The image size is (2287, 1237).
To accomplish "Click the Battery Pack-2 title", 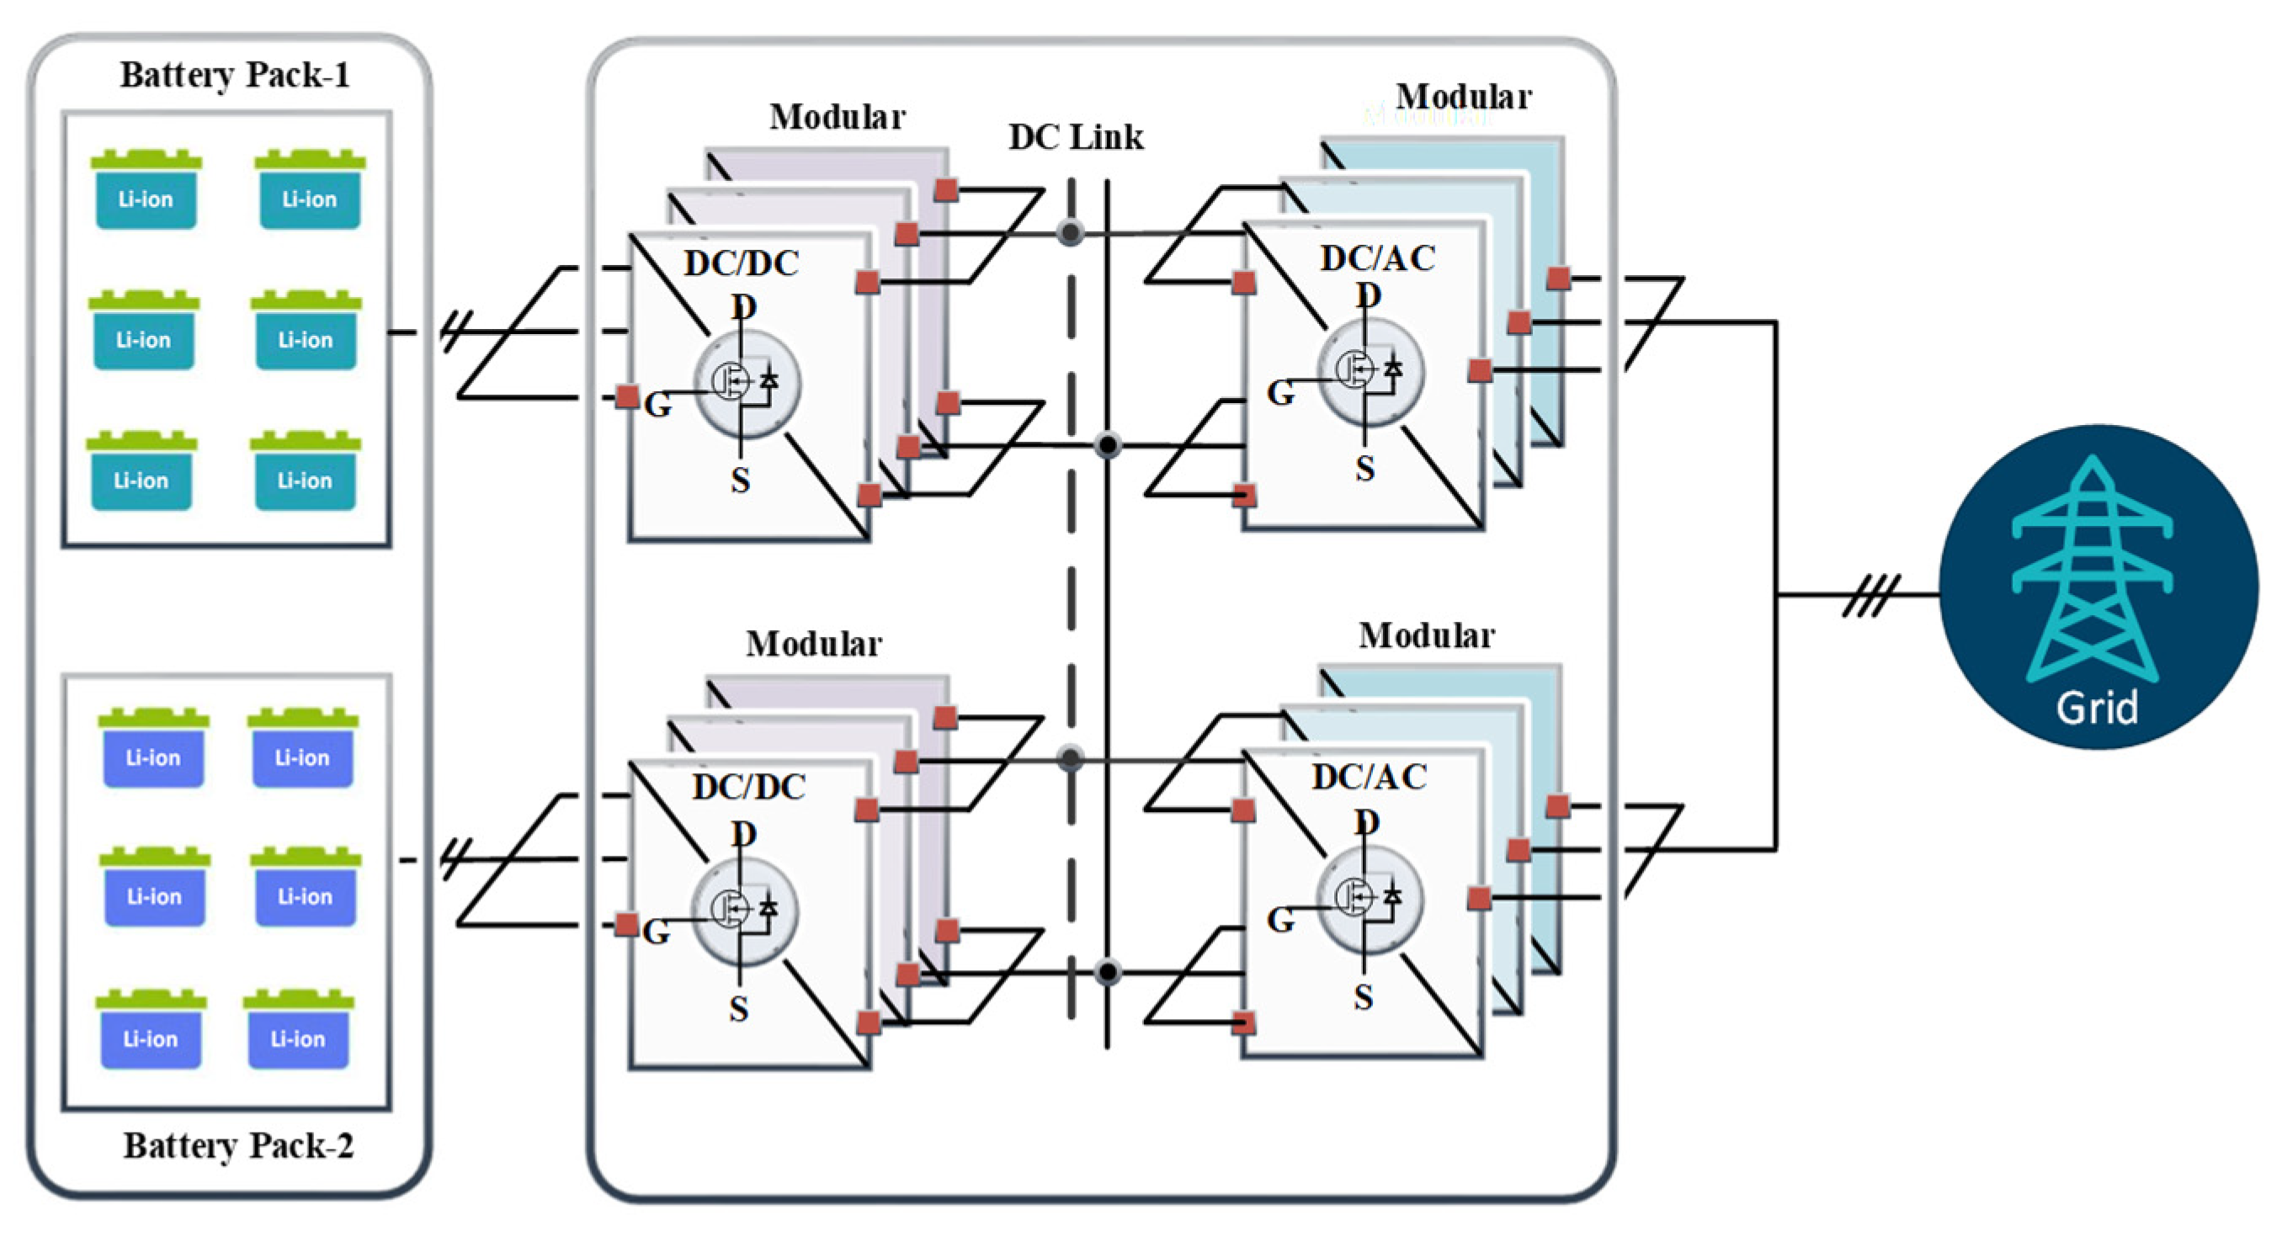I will click(238, 1144).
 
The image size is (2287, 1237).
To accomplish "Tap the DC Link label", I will click(1075, 136).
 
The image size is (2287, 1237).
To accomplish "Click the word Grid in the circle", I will click(2096, 707).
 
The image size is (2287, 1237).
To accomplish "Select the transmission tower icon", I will click(2092, 568).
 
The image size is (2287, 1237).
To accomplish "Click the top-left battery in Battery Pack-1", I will click(146, 191).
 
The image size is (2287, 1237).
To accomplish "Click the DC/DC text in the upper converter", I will click(742, 263).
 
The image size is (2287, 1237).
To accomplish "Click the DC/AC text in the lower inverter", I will click(1369, 777).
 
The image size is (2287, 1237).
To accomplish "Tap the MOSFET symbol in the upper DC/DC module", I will click(746, 384).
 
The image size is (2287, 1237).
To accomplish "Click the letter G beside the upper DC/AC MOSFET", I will click(1279, 392).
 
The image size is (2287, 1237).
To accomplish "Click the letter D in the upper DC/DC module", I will click(744, 307).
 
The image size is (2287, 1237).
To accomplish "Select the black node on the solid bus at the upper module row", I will click(1107, 444).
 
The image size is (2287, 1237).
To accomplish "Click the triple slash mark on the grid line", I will click(1870, 595).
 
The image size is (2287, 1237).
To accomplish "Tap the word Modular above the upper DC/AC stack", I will click(1463, 97).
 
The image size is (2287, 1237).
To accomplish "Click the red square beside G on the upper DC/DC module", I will click(628, 396).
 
